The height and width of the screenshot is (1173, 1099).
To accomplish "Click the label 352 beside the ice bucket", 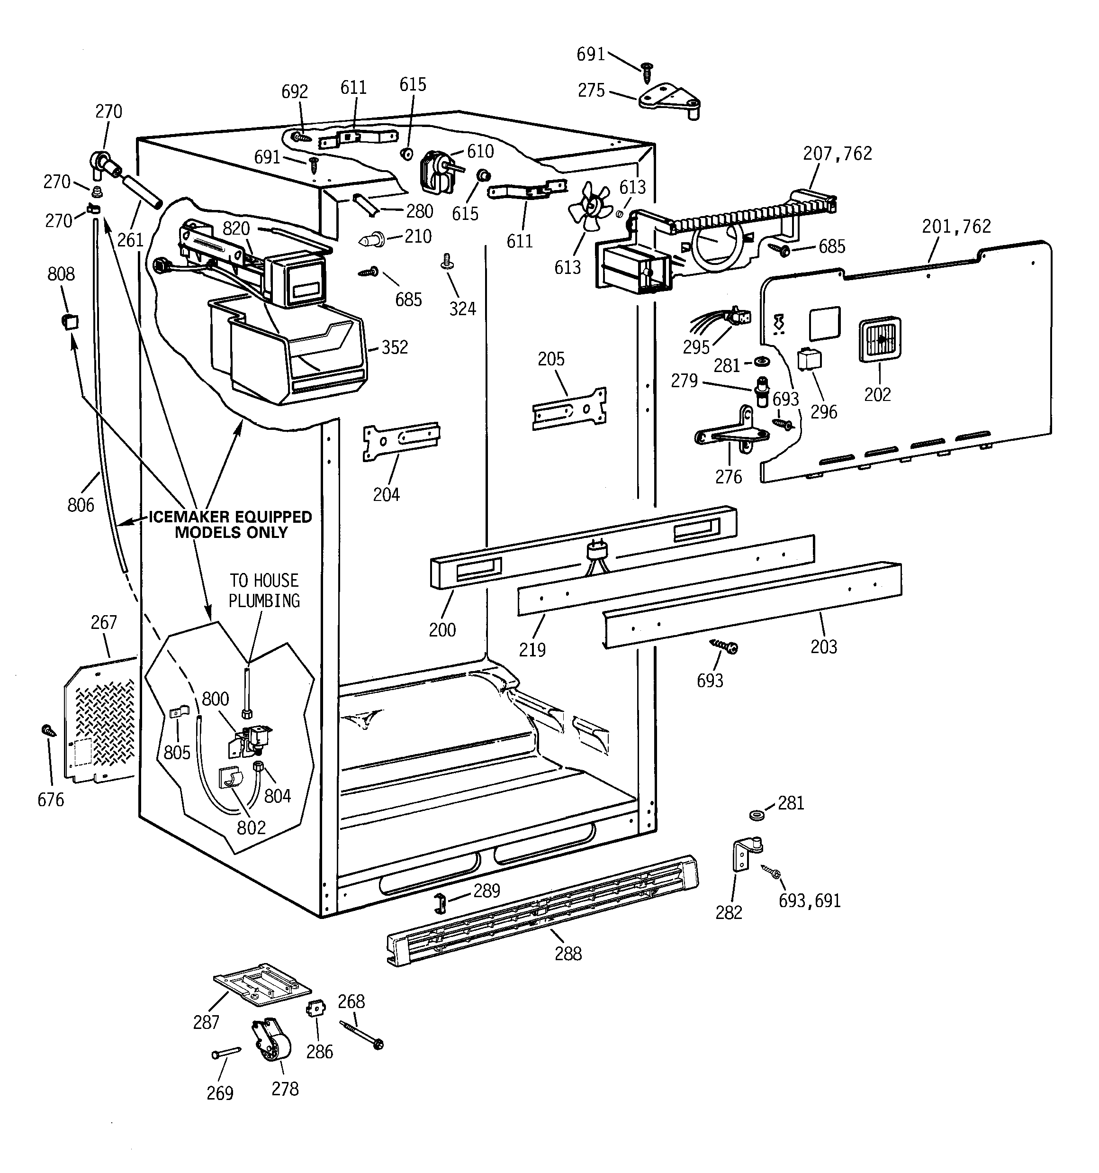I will tap(394, 347).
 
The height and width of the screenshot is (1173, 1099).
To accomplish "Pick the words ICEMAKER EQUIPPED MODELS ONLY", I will tap(230, 525).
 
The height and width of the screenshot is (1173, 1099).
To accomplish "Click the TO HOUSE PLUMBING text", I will tap(264, 591).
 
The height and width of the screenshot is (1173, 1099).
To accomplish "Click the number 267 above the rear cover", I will tap(104, 622).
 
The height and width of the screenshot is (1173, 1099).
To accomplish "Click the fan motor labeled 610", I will tap(437, 171).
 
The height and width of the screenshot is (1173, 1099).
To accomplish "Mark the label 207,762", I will tap(837, 154).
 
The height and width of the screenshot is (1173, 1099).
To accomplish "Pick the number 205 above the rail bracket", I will tap(551, 359).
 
